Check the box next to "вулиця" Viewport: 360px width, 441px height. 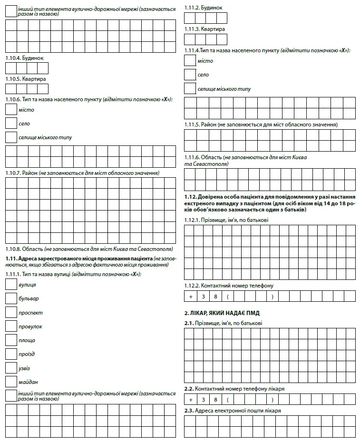pos(11,285)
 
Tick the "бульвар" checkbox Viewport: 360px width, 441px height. pos(11,298)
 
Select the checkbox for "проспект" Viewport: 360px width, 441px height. pos(11,312)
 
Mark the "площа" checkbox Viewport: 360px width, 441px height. pos(11,340)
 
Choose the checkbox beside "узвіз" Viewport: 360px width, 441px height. pos(11,368)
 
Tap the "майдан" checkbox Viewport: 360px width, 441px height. pos(11,382)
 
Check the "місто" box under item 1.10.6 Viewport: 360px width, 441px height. pos(11,110)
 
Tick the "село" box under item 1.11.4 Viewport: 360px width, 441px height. pos(190,75)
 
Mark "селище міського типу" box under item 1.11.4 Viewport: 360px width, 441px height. pos(190,88)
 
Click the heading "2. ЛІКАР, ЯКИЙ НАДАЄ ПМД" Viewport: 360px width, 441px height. pos(222,313)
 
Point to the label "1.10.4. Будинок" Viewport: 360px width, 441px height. pos(24,58)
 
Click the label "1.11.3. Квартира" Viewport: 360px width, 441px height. pos(204,29)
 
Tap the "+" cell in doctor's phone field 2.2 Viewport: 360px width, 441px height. pos(190,400)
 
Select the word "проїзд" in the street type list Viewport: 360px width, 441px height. pos(27,354)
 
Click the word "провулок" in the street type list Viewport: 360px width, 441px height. pos(30,326)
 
